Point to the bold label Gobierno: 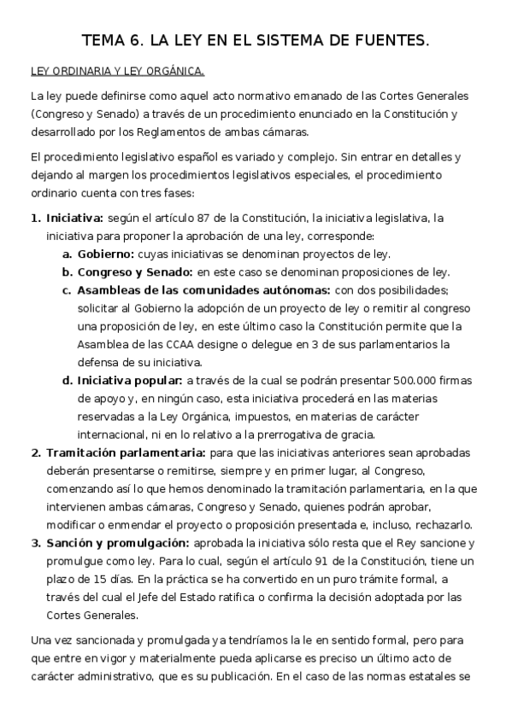(105, 254)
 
